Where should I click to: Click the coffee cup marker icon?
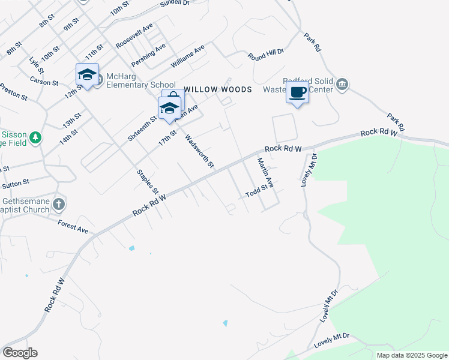(x=297, y=92)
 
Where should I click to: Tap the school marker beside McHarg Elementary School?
(x=87, y=74)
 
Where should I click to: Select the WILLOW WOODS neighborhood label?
(x=217, y=89)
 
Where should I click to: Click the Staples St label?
(x=148, y=181)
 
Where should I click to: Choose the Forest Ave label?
(x=73, y=226)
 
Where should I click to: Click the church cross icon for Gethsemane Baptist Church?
(x=58, y=205)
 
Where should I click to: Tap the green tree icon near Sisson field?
(x=36, y=138)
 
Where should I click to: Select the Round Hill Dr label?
(x=266, y=54)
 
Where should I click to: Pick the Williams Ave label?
(x=188, y=55)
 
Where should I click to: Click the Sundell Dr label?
(x=174, y=4)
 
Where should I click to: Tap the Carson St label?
(x=44, y=81)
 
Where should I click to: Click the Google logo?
(x=20, y=353)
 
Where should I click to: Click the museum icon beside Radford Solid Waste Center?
(x=342, y=83)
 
